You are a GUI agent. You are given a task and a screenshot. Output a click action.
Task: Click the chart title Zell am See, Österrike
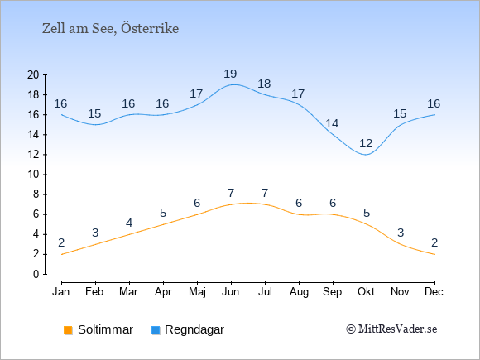pos(111,29)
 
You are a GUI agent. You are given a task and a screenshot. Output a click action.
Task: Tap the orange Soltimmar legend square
pos(68,330)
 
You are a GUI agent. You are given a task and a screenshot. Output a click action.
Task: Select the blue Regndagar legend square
pos(156,330)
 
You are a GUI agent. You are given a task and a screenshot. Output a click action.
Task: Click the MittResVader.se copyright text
pos(391,329)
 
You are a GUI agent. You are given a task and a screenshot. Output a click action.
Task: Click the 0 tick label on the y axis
pos(36,274)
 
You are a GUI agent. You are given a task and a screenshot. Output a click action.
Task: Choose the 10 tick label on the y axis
pos(33,175)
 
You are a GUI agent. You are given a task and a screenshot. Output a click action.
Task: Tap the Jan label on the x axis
pos(61,292)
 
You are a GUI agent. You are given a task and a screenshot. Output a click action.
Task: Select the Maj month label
pos(197,292)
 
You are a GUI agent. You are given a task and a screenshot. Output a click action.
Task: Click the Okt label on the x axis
pos(366,292)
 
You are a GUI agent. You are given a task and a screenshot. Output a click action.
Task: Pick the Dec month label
pos(434,292)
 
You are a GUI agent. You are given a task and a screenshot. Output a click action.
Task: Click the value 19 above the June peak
pos(230,74)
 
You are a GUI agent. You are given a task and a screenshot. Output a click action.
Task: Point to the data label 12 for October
pos(366,143)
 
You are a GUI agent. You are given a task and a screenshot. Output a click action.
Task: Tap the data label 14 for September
pos(332,123)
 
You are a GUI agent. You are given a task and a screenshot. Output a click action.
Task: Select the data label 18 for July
pos(264,84)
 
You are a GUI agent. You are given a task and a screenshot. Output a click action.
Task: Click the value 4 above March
pos(129,223)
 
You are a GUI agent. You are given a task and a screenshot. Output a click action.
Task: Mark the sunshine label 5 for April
pos(163,213)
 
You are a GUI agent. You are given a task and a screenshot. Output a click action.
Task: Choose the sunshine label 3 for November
pos(401,233)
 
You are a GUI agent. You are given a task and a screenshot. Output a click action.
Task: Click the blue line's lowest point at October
pos(367,155)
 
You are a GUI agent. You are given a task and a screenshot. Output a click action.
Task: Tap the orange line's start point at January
pos(62,254)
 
